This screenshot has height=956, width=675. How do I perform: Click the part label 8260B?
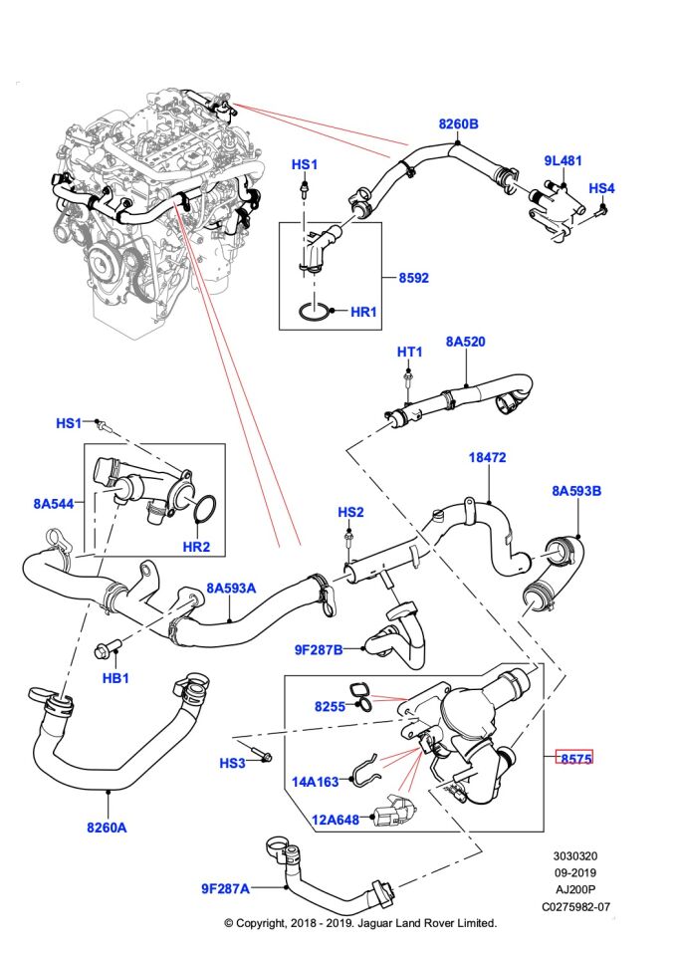click(458, 124)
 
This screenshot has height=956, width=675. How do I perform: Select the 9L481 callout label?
click(562, 160)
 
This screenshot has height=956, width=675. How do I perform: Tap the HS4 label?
click(601, 187)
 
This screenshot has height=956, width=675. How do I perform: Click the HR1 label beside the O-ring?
click(363, 312)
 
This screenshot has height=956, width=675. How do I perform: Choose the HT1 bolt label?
click(409, 352)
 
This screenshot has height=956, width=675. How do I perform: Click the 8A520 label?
click(465, 342)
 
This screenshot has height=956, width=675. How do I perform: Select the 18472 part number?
click(488, 458)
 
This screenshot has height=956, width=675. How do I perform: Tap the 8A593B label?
click(577, 490)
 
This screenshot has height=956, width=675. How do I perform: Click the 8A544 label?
click(54, 505)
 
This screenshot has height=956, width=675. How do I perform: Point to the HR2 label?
click(196, 546)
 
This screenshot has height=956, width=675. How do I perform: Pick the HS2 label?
click(349, 512)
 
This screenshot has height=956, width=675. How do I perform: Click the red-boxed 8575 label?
click(574, 758)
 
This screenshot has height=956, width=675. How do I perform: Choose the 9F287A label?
click(225, 888)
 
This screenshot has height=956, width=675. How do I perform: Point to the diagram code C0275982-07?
click(576, 907)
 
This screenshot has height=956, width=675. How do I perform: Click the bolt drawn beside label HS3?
click(262, 754)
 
